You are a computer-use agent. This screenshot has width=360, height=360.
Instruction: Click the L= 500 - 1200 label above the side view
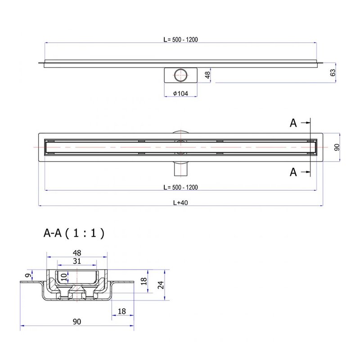click(x=180, y=39)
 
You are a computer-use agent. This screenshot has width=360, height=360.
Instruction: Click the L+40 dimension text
click(x=180, y=202)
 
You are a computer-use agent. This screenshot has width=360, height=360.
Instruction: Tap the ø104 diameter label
click(x=180, y=93)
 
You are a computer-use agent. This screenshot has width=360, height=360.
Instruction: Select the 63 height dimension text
click(x=333, y=72)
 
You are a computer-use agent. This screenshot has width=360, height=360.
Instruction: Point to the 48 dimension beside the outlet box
click(x=207, y=75)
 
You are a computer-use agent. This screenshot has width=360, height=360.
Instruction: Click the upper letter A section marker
click(x=293, y=123)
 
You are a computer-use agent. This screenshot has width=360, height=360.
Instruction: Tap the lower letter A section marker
click(x=293, y=171)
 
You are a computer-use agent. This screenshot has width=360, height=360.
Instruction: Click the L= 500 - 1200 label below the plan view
click(x=180, y=187)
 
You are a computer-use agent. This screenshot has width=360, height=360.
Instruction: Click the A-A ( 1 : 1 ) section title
click(x=74, y=233)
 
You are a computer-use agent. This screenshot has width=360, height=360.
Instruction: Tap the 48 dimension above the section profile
click(x=77, y=253)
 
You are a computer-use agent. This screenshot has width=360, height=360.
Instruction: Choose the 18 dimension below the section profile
click(x=121, y=311)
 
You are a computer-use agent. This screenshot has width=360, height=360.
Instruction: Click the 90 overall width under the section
click(x=77, y=321)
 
